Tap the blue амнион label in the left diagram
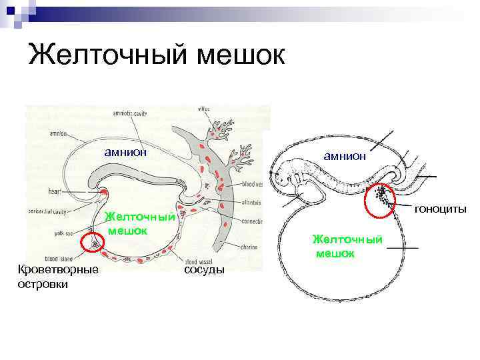[x=125, y=152]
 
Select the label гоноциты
[x=441, y=210]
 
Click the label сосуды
[x=204, y=269]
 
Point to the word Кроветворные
[x=59, y=269]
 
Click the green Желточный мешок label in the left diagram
[x=140, y=223]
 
